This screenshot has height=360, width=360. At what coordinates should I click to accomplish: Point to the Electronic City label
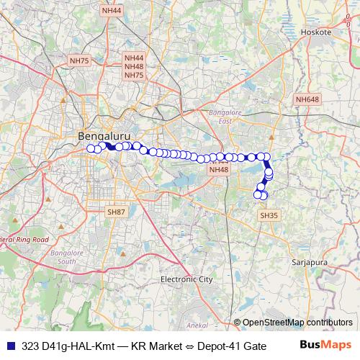tap(186, 279)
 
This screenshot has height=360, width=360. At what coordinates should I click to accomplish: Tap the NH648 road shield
tap(307, 99)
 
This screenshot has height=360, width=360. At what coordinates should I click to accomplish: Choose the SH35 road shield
tap(268, 215)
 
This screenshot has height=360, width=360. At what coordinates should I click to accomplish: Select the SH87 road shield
tap(116, 212)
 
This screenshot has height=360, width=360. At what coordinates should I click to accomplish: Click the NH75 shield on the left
tap(78, 62)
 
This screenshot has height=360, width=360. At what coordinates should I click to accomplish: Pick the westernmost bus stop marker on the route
tap(91, 148)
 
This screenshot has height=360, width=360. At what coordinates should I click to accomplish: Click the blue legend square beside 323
tap(12, 345)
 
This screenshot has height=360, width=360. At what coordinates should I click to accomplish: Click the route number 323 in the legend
tap(31, 345)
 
